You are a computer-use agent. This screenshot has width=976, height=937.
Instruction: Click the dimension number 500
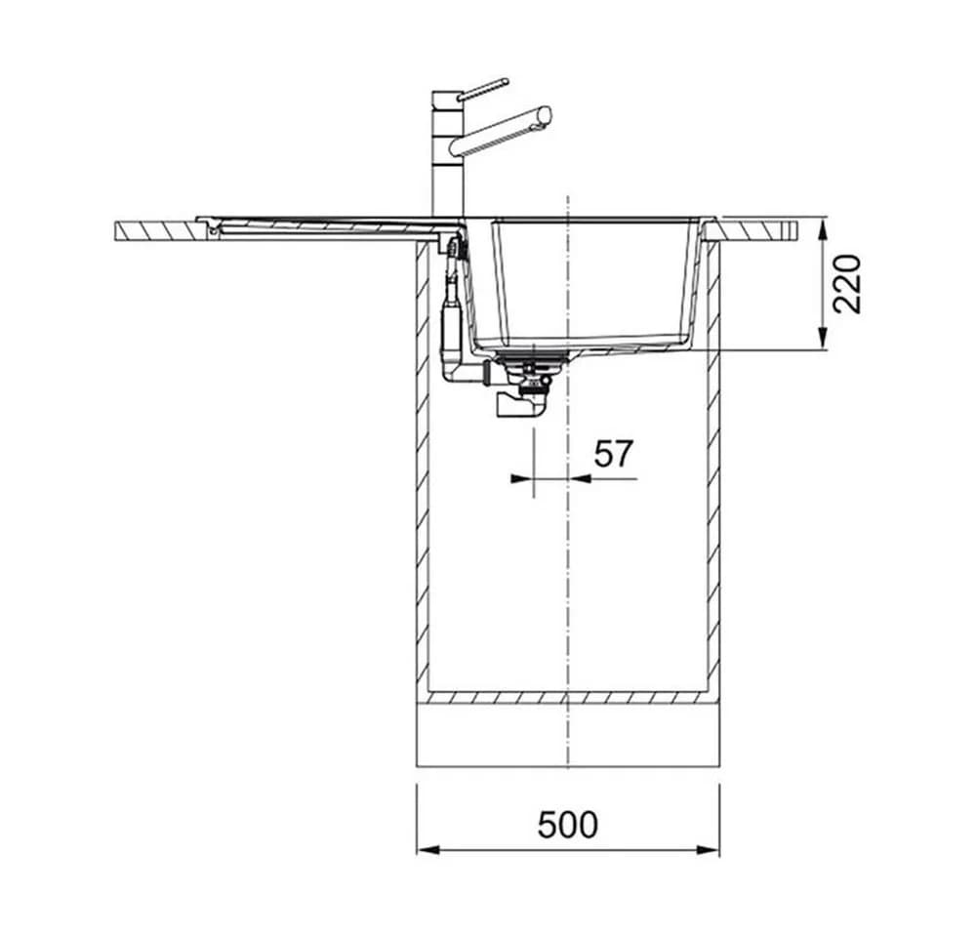[567, 825]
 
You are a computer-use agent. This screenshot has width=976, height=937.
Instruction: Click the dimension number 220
[847, 284]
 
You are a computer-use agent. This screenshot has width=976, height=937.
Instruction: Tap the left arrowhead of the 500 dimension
[428, 850]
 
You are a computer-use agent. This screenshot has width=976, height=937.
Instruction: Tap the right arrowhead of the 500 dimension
[708, 850]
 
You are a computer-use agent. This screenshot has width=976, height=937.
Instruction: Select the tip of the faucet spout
[546, 116]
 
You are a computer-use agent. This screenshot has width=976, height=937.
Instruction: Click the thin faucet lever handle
[483, 89]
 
